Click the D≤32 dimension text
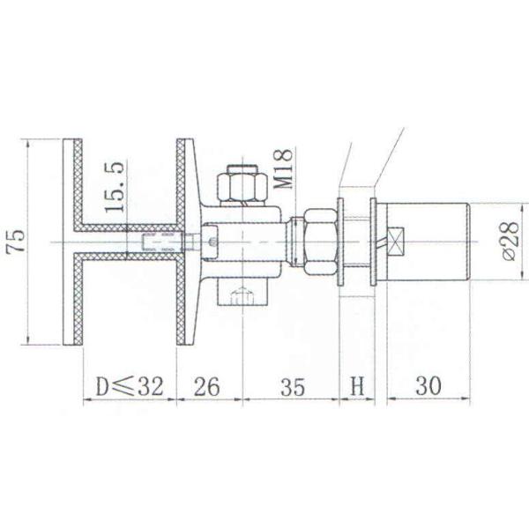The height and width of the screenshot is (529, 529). [129, 385]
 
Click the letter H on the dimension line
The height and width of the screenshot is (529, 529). [357, 385]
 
